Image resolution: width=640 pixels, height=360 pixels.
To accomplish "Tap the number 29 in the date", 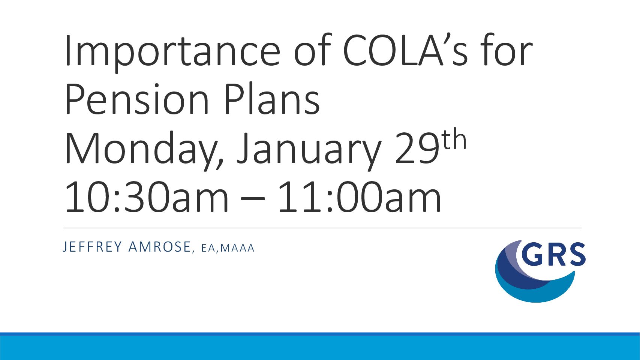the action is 417,148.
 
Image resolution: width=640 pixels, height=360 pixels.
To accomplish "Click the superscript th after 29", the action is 454,139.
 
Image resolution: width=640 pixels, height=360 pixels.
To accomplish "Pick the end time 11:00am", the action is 360,197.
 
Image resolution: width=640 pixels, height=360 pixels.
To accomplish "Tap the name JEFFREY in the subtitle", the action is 92,247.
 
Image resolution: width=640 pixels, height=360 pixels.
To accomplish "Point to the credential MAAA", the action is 237,248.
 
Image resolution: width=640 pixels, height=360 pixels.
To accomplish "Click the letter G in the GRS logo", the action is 532,254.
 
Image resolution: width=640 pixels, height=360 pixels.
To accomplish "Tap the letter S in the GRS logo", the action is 577,254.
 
